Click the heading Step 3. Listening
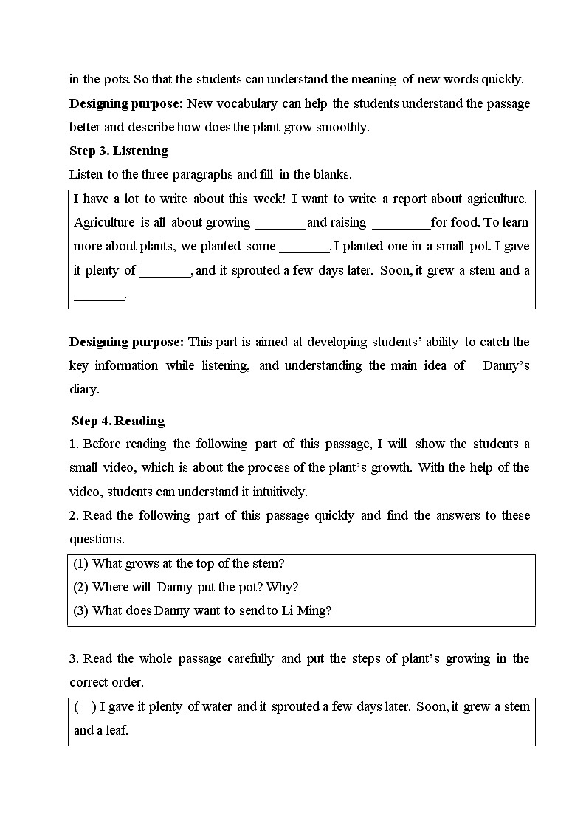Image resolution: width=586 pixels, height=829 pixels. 119,151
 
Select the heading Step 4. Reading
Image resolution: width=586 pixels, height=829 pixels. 118,421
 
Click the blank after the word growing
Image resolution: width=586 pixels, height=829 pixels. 280,223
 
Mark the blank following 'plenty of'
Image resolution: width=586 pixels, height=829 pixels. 165,271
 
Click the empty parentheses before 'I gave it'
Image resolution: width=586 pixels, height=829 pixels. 85,707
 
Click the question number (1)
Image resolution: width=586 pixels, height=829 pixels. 81,564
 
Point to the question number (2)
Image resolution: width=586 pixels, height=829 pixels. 81,588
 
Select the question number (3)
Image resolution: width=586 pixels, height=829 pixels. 81,611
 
